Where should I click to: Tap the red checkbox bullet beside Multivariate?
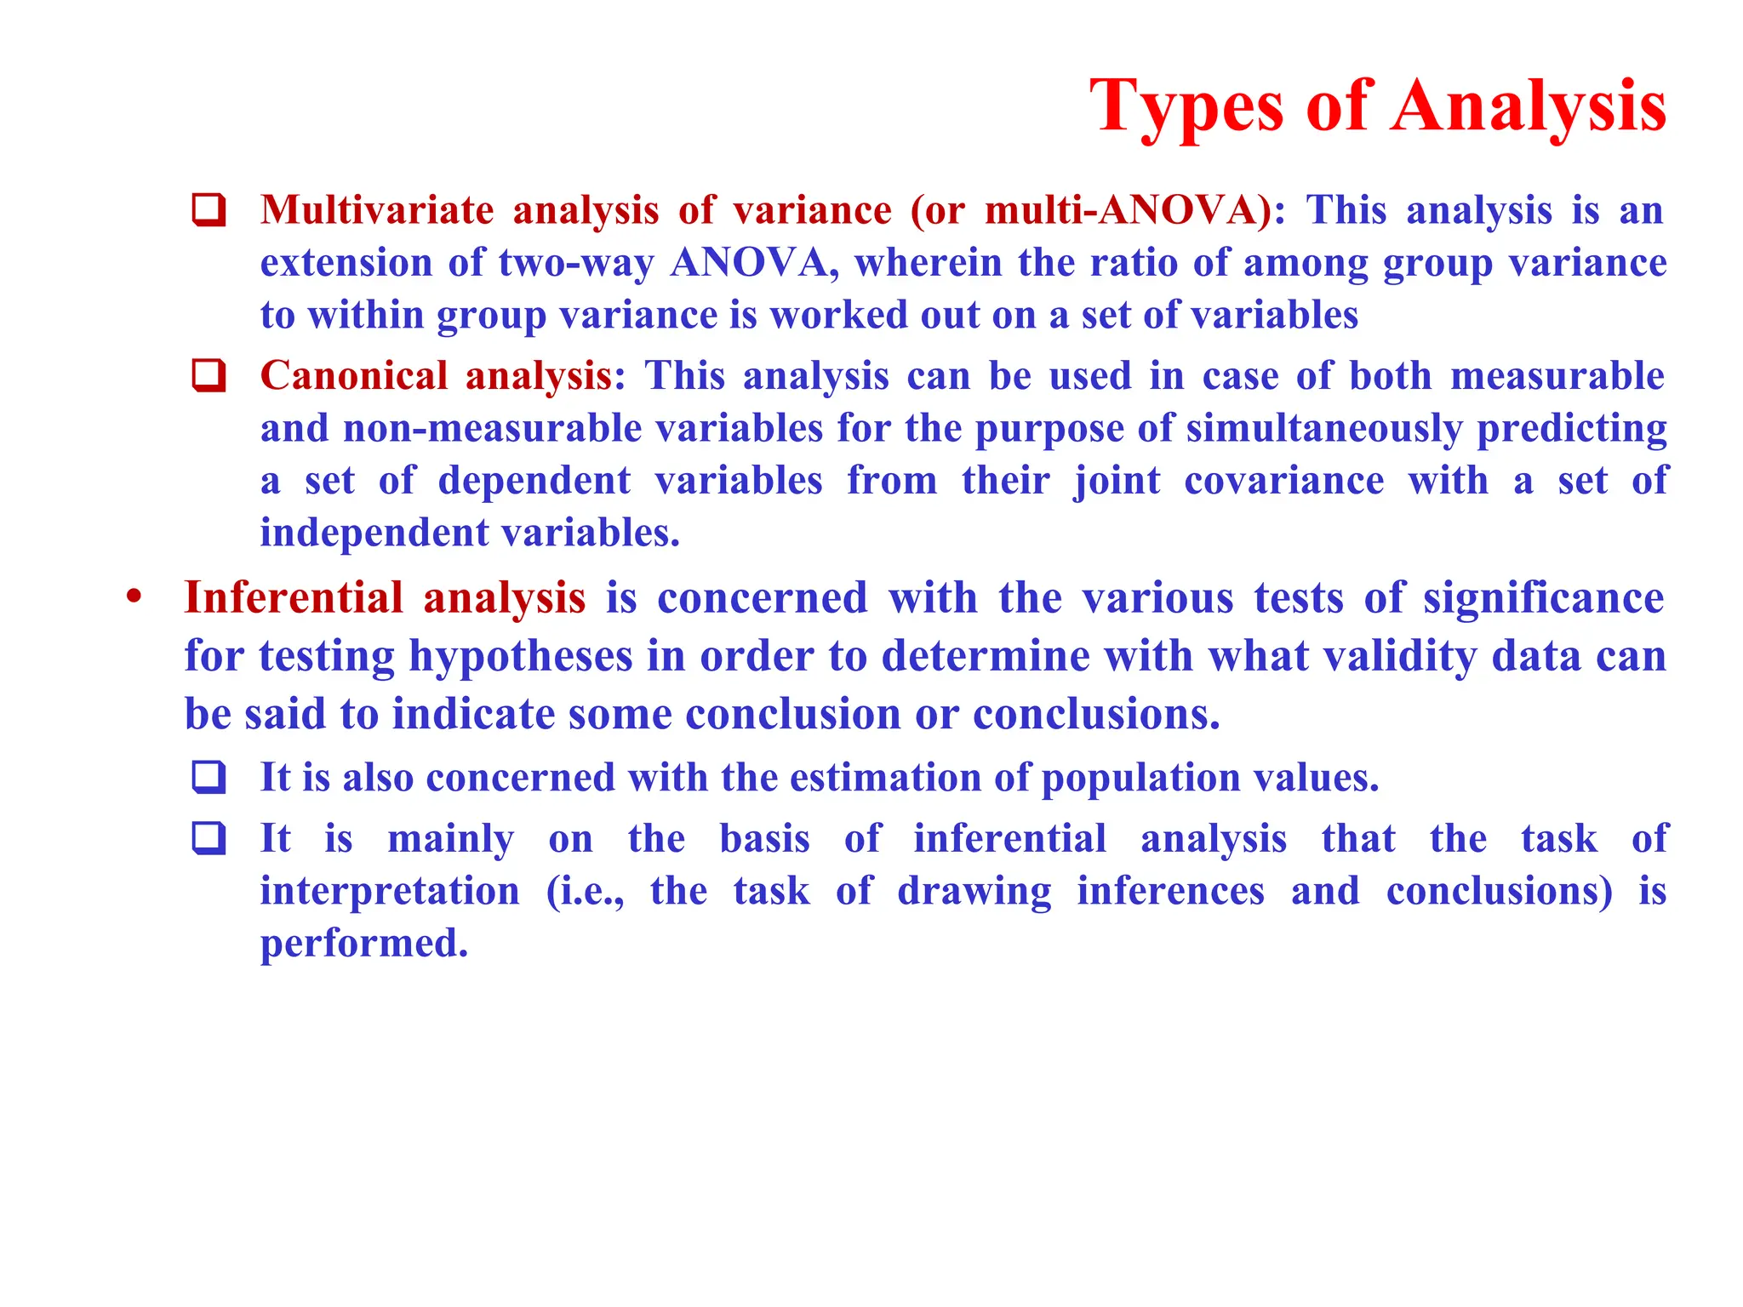pos(209,209)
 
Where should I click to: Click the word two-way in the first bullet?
pos(576,262)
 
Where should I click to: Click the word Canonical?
pos(353,375)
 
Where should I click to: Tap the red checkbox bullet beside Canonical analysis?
pos(209,375)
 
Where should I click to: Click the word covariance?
pos(1283,481)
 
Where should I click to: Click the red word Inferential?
pos(294,597)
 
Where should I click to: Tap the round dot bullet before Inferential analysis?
pos(134,596)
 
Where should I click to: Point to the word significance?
pos(1543,597)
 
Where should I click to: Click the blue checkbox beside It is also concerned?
pos(209,777)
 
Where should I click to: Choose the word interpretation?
pos(389,891)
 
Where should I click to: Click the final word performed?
pos(363,944)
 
